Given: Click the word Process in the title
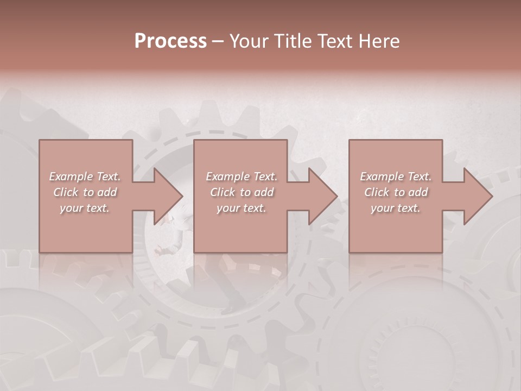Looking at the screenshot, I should coord(170,41).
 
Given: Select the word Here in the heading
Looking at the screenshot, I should coord(379,41).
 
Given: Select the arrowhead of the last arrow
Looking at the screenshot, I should coord(477,196).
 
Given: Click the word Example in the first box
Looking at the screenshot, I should coord(71,176).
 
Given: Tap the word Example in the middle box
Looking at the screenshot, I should coord(228,176).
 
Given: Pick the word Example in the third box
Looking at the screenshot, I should coord(382,176).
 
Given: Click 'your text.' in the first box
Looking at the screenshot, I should coord(85,208).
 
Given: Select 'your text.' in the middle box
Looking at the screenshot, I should coord(241,208).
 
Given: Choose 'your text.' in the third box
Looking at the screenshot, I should coord(396,208).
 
